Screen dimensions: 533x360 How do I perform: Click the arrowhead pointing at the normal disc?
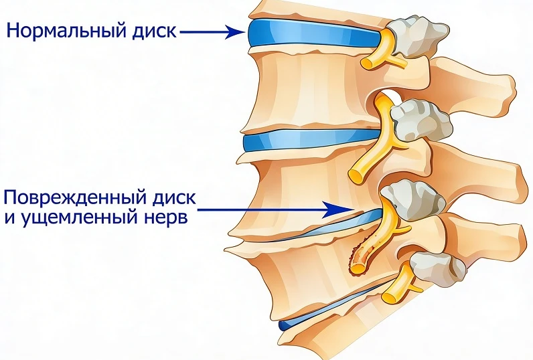tap(236, 32)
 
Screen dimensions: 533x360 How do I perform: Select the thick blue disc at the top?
tap(315, 34)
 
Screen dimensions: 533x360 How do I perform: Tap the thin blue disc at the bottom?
tap(326, 306)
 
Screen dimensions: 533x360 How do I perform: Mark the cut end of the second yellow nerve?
tap(356, 175)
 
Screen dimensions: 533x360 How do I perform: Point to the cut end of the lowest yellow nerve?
tap(388, 298)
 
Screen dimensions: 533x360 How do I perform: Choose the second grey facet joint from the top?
tap(421, 120)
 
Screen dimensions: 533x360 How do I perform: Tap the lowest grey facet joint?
tap(437, 268)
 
